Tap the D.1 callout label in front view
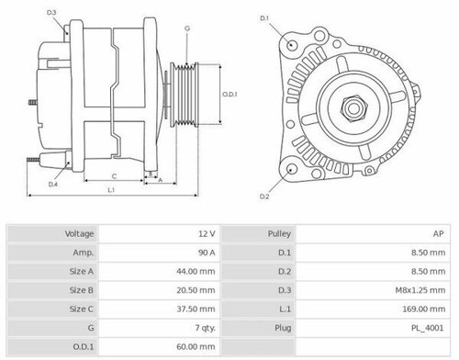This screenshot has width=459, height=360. [x=264, y=18]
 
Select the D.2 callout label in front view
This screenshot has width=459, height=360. [x=264, y=197]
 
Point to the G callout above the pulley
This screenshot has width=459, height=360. [x=186, y=28]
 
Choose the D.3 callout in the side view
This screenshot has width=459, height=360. [x=51, y=12]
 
